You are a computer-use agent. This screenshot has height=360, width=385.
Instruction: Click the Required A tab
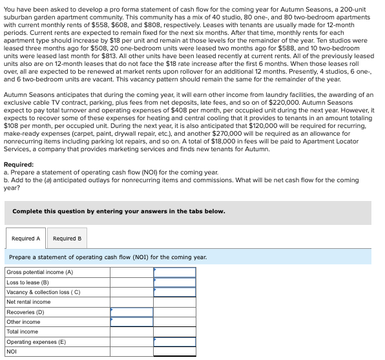pyautogui.click(x=26, y=238)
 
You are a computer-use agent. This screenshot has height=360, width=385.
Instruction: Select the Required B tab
pyautogui.click(x=67, y=238)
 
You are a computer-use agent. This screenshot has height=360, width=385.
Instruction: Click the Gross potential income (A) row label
pyautogui.click(x=39, y=272)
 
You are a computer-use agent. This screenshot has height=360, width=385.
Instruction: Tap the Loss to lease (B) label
pyautogui.click(x=28, y=282)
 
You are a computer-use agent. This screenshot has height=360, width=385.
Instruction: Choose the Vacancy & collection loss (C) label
pyautogui.click(x=43, y=292)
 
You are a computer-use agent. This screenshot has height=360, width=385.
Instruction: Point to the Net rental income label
pyautogui.click(x=28, y=302)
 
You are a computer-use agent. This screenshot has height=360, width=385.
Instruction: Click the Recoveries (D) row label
pyautogui.click(x=25, y=312)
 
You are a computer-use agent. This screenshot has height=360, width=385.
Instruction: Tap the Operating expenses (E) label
pyautogui.click(x=36, y=342)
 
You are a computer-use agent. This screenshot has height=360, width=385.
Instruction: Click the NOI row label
pyautogui.click(x=12, y=352)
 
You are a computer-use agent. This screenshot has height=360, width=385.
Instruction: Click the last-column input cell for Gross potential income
pyautogui.click(x=174, y=272)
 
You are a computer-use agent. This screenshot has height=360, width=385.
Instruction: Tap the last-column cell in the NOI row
pyautogui.click(x=174, y=352)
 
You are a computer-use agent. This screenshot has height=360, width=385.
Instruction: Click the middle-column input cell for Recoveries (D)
pyautogui.click(x=131, y=312)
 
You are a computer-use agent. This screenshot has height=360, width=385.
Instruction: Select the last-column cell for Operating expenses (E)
pyautogui.click(x=174, y=342)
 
